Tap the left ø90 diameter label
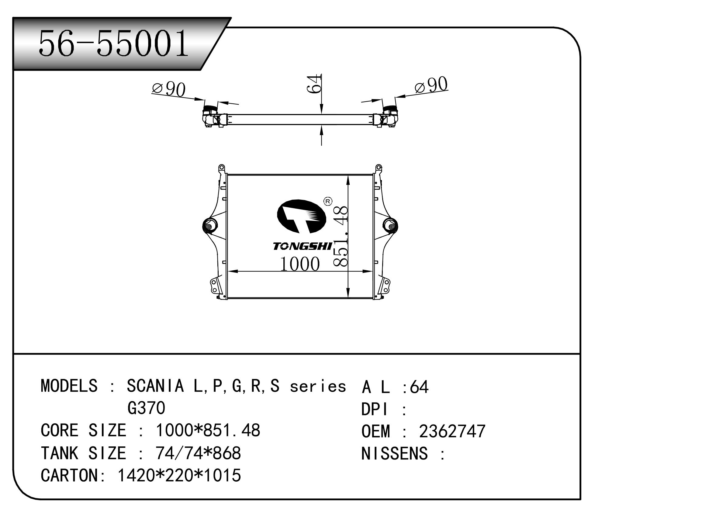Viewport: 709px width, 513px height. pos(169,89)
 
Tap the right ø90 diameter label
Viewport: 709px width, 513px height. pos(431,85)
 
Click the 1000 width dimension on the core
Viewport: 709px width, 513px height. pos(299,264)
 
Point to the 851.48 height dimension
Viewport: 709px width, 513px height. pos(340,236)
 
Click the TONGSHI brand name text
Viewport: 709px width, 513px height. pos(302,247)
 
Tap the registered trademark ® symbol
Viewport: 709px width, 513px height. pos(328,201)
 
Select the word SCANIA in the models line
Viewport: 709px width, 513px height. pos(155,386)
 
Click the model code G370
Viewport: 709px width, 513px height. pos(146,408)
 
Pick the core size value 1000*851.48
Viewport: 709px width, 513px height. pos(208,430)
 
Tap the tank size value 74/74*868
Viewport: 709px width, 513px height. pos(198,453)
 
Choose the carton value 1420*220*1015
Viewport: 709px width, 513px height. pos(179,475)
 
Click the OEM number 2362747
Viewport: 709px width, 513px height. pos(452,432)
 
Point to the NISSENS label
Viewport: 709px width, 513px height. pos(395,454)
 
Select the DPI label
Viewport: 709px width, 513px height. pos(375,409)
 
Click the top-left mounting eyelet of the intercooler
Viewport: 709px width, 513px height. pos(221,167)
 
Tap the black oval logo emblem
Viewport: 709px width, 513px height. pos(301,216)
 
